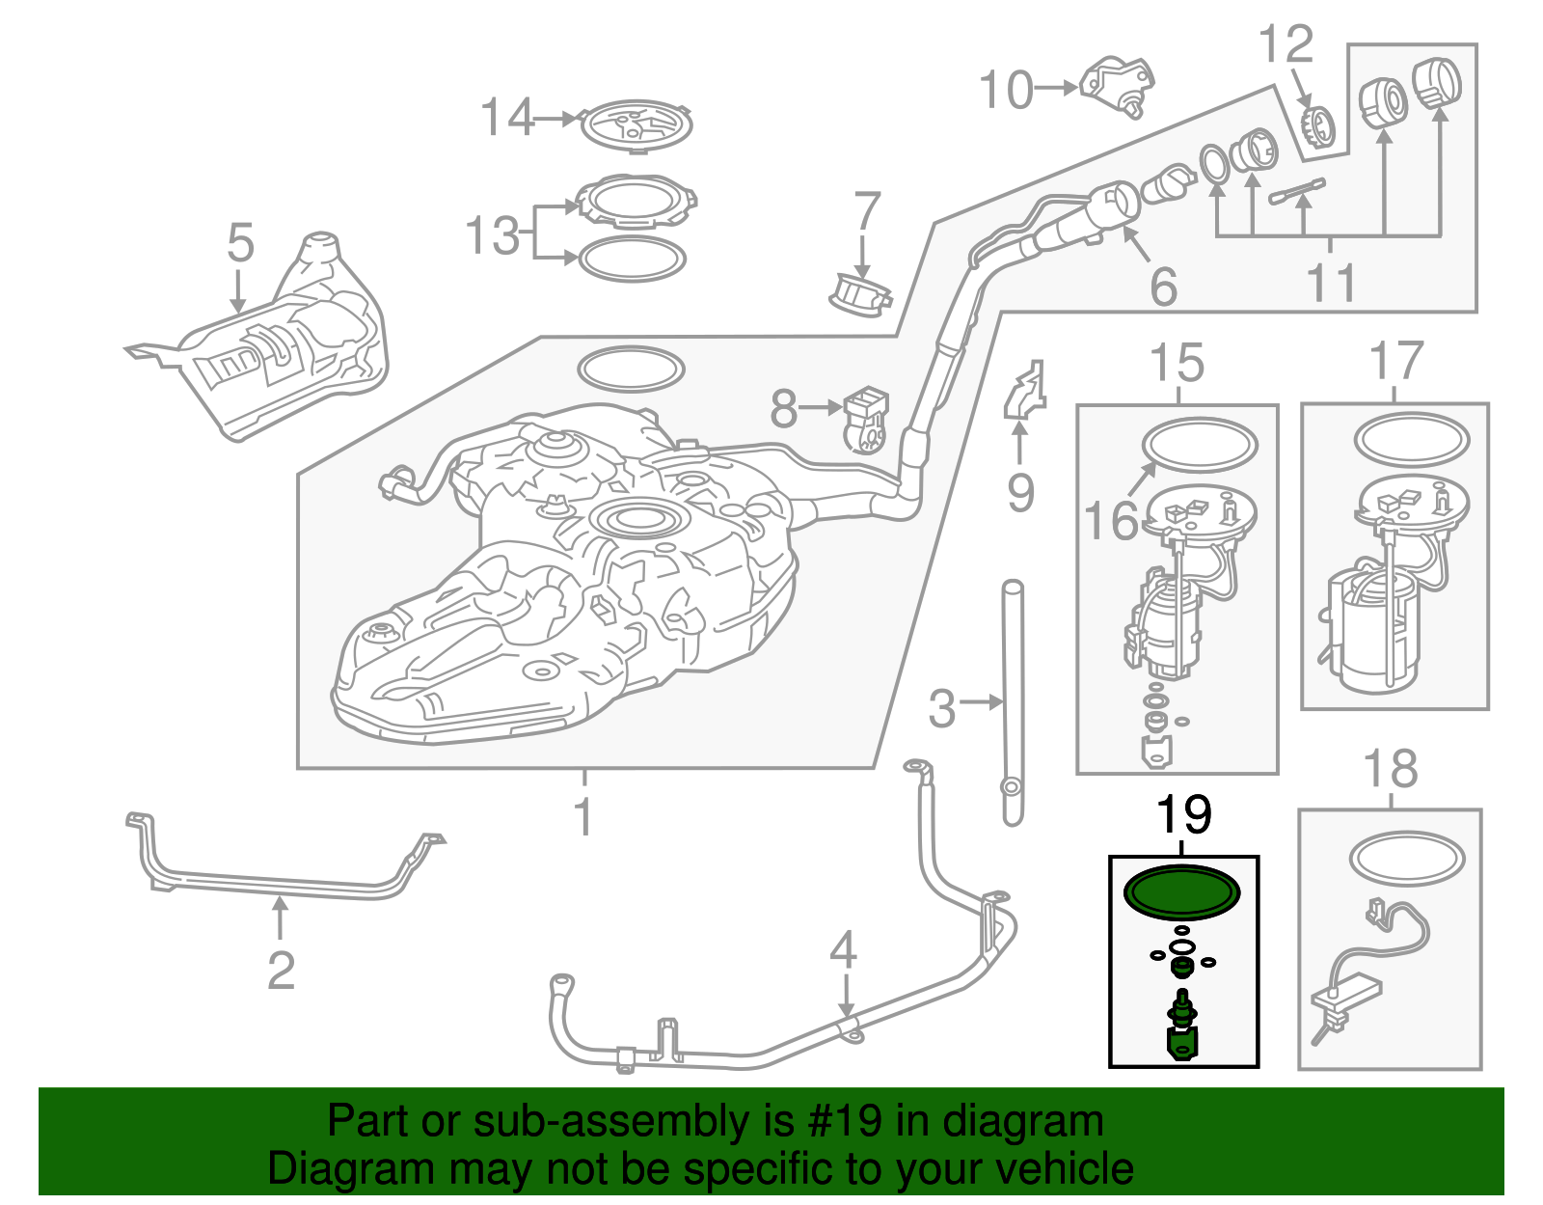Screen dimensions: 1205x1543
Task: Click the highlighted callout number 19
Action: [x=1183, y=815]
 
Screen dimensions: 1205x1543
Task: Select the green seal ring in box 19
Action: [x=1182, y=891]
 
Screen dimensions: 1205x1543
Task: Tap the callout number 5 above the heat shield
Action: [x=240, y=243]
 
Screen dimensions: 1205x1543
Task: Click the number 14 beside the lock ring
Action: [x=507, y=118]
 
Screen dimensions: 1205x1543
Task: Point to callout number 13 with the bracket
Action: [x=493, y=235]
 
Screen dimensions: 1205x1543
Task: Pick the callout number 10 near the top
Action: [x=1006, y=91]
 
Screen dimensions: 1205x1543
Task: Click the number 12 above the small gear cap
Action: [x=1286, y=44]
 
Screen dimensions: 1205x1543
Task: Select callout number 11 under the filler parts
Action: [x=1331, y=283]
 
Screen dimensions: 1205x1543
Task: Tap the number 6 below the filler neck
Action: [x=1164, y=287]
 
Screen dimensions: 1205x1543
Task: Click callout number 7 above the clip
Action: [x=867, y=211]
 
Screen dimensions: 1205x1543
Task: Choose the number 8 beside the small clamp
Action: [x=784, y=409]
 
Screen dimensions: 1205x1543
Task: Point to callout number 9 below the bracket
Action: [x=1020, y=493]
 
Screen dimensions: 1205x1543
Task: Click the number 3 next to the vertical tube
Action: [x=941, y=708]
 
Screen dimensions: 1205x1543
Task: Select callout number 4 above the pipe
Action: [x=844, y=950]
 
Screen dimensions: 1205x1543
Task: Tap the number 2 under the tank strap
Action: [x=281, y=970]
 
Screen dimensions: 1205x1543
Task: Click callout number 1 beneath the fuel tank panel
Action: [x=582, y=816]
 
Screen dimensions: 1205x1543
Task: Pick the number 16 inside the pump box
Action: [x=1111, y=522]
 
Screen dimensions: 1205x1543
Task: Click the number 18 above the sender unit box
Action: [x=1390, y=770]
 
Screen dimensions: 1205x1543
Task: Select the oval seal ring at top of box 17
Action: [x=1411, y=439]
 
